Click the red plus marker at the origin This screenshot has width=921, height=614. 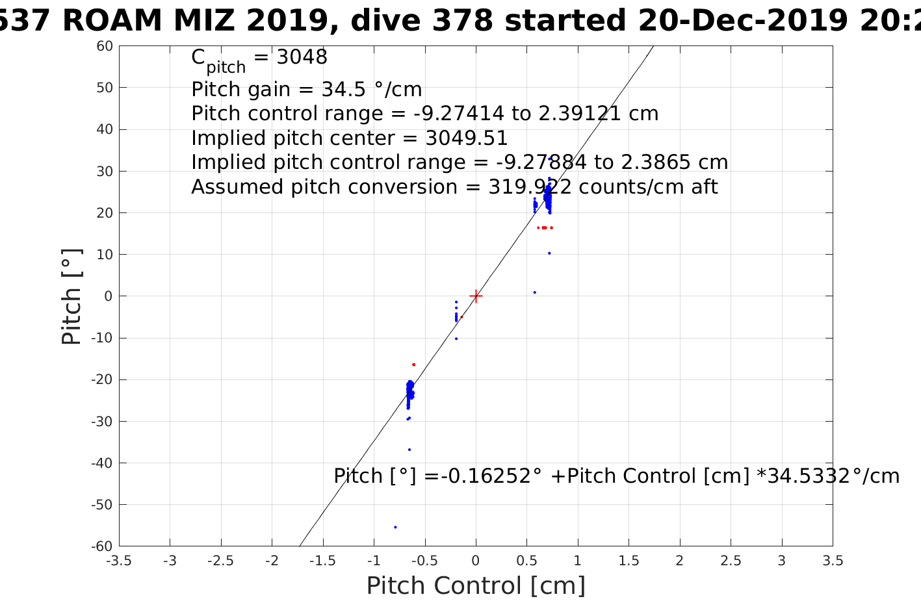pos(476,296)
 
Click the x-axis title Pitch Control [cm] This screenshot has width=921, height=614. pos(476,585)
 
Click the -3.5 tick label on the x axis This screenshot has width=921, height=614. pos(118,561)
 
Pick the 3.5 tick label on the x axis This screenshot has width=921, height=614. pos(833,561)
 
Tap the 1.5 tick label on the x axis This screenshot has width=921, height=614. pos(629,561)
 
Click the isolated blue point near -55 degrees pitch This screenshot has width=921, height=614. pos(395,527)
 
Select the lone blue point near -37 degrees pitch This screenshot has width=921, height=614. pos(409,450)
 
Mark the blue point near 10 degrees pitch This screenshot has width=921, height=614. pos(549,253)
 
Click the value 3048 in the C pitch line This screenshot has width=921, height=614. pos(302,57)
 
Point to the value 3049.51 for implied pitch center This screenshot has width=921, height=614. pos(467,138)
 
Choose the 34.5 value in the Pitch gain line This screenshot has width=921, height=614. pos(324,89)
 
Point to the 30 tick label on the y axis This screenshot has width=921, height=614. pos(105,171)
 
